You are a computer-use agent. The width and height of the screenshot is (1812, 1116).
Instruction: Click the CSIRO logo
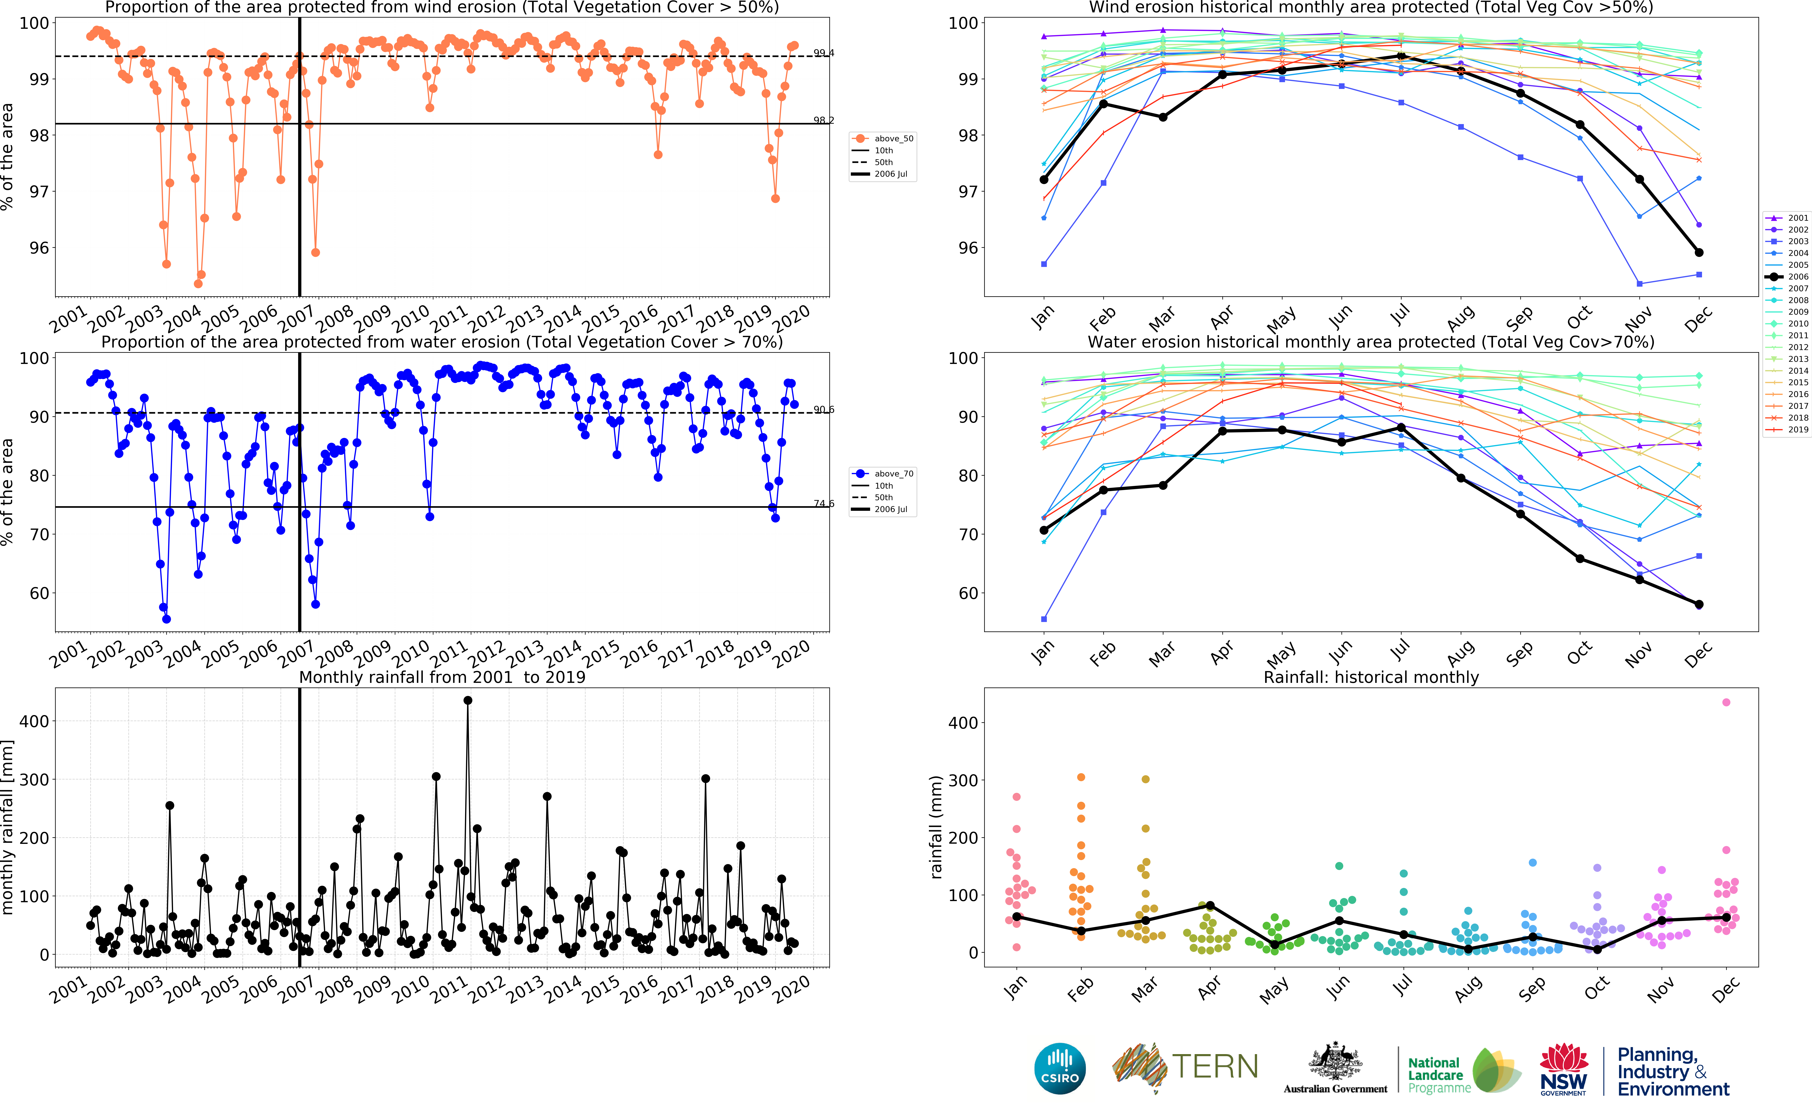click(1060, 1068)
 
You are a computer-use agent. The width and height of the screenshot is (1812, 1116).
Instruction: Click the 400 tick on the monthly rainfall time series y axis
click(34, 721)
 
